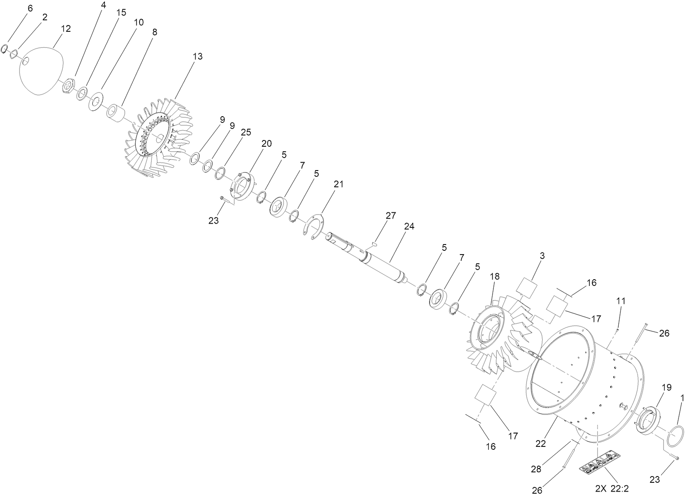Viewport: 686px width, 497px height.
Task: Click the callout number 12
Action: pos(66,28)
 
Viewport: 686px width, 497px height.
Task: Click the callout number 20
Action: pos(267,143)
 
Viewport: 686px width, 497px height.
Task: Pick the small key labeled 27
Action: pos(374,240)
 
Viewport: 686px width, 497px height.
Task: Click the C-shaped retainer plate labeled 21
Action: pos(316,226)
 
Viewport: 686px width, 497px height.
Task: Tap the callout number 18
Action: pos(495,276)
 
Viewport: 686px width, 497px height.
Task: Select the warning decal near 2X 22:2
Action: pos(600,462)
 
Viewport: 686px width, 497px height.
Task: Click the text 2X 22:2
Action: pos(612,488)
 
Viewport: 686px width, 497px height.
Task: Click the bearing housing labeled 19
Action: pos(648,418)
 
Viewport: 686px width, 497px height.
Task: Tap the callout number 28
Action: pos(536,469)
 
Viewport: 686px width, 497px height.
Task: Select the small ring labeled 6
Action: pos(5,48)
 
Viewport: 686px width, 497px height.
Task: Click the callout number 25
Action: pos(246,132)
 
